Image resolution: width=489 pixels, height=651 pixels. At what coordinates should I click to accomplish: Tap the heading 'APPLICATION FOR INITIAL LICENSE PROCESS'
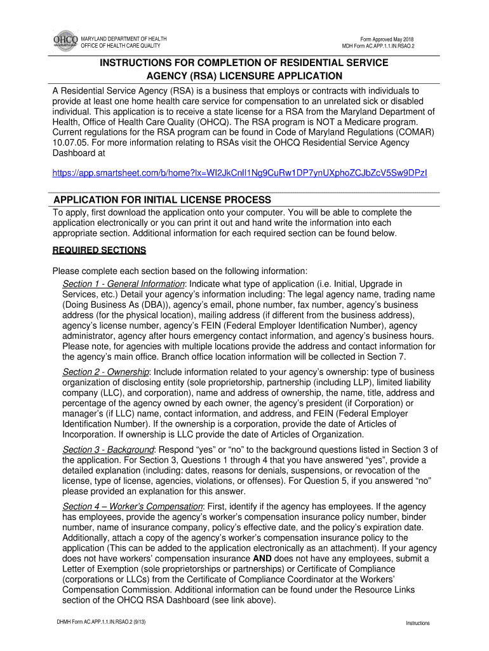(x=161, y=200)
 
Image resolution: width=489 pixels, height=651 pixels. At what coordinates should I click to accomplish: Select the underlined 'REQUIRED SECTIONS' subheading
(x=99, y=250)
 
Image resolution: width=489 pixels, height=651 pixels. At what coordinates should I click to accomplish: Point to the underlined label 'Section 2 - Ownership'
(x=105, y=371)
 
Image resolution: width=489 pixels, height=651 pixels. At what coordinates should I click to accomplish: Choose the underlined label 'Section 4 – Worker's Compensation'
(x=132, y=506)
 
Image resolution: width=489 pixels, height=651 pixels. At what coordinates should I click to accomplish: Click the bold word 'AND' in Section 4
(x=263, y=559)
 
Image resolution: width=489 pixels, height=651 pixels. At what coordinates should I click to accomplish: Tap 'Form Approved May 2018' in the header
(x=387, y=39)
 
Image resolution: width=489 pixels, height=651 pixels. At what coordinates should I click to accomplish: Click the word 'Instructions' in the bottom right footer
(x=418, y=623)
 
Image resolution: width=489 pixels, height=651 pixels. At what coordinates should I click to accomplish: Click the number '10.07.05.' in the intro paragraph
(x=69, y=142)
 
